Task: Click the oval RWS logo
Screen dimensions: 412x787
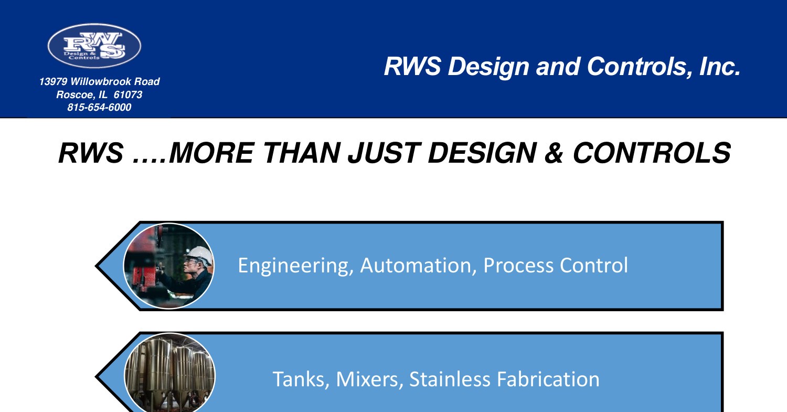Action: coord(94,46)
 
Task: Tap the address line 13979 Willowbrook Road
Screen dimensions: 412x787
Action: coord(99,82)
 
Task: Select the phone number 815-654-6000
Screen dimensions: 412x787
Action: coord(99,108)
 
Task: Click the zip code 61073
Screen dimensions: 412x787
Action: coord(128,95)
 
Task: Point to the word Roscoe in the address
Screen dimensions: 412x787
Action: coord(73,95)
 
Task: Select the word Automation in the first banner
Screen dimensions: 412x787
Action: coord(418,266)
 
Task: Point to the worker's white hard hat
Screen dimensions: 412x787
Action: coord(199,255)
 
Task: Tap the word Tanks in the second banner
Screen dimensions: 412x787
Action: coord(301,379)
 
